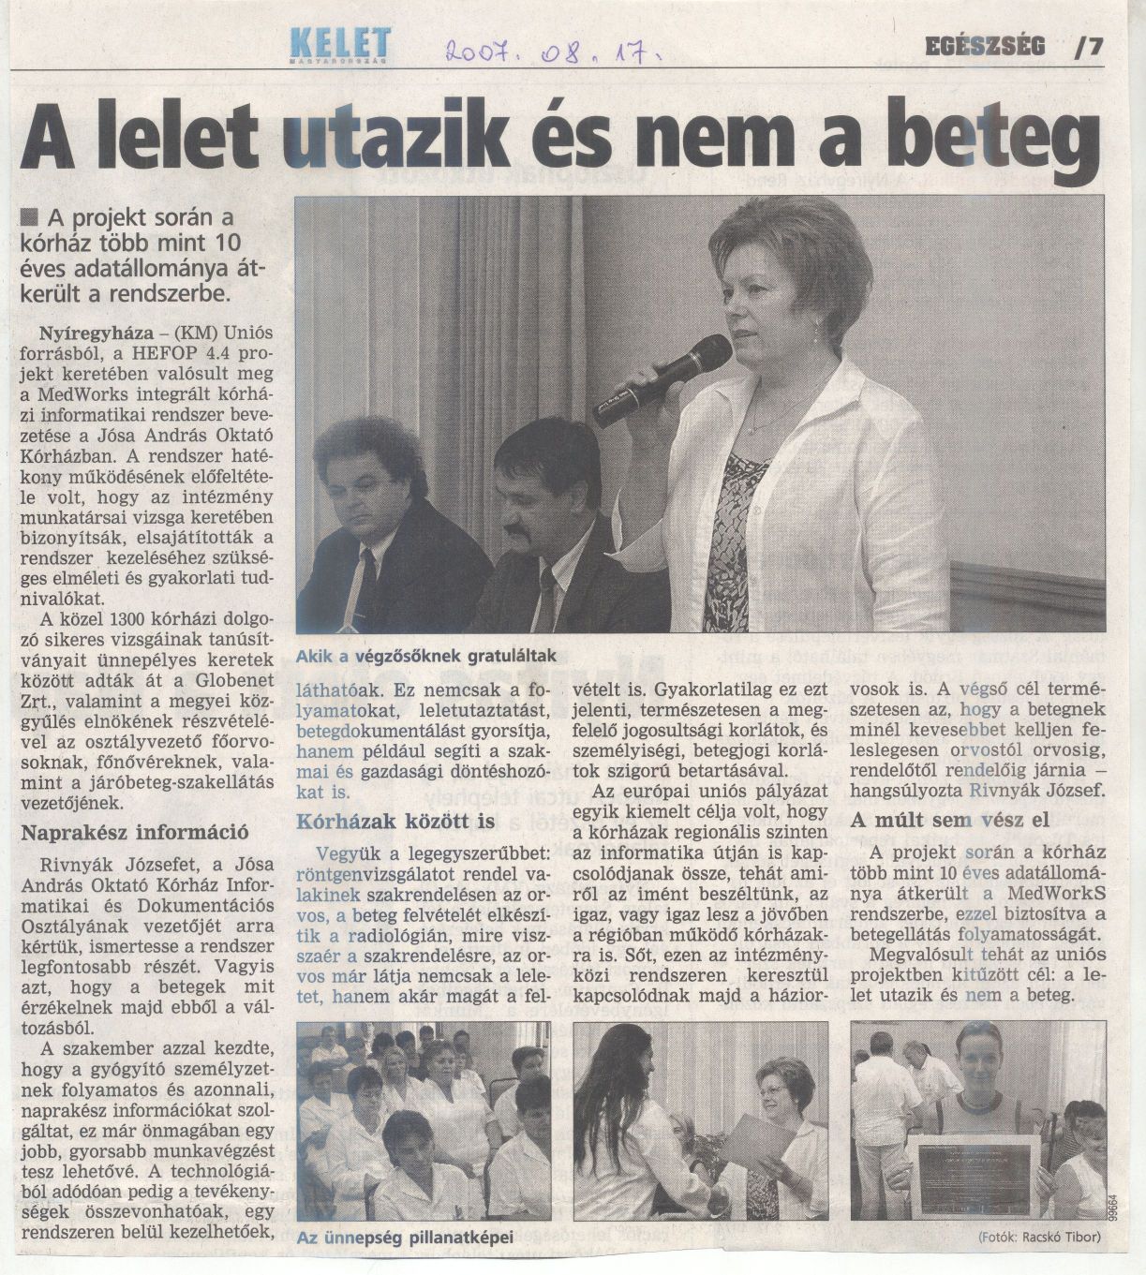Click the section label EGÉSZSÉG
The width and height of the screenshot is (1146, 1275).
click(x=985, y=46)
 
